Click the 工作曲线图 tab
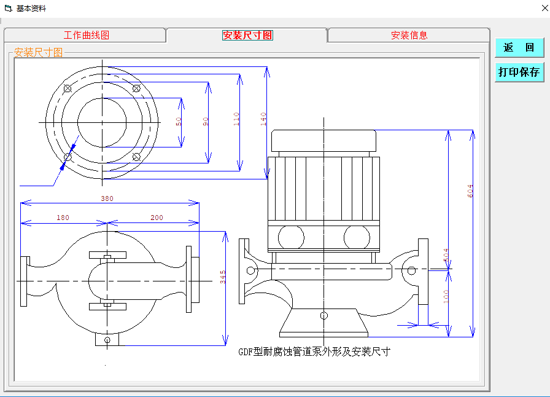[87, 35]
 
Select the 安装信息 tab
[409, 35]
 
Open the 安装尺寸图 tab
[247, 35]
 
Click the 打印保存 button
[519, 73]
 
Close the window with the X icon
[544, 8]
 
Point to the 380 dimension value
[107, 198]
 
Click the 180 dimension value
[63, 218]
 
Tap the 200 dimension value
[157, 218]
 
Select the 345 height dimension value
[223, 277]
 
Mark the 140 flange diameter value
[263, 119]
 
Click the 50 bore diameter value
[179, 122]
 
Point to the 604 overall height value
[470, 191]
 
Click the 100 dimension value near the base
[446, 296]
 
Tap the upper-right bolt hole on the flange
[136, 88]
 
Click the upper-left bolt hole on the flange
[68, 88]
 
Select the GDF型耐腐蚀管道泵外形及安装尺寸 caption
[314, 352]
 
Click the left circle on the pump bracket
[291, 237]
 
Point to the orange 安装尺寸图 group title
[38, 53]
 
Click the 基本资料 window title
[31, 9]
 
